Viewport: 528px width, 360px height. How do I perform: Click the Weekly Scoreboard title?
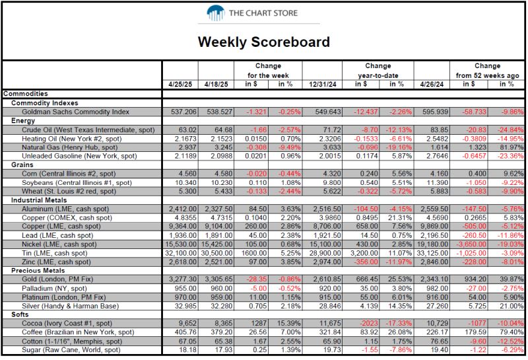point(264,43)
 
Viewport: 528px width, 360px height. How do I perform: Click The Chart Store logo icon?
point(216,13)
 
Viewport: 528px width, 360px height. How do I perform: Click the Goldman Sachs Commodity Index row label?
point(74,112)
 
